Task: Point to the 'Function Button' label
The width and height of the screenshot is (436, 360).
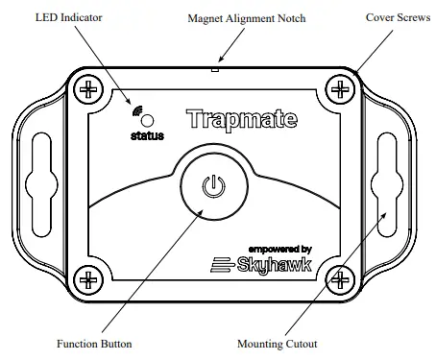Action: (94, 344)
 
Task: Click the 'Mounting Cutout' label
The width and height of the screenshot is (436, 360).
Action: (279, 344)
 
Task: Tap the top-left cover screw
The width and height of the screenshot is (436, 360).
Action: (89, 90)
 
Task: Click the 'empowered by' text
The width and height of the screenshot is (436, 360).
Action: (279, 248)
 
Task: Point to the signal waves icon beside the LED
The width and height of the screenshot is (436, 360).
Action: (137, 112)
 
